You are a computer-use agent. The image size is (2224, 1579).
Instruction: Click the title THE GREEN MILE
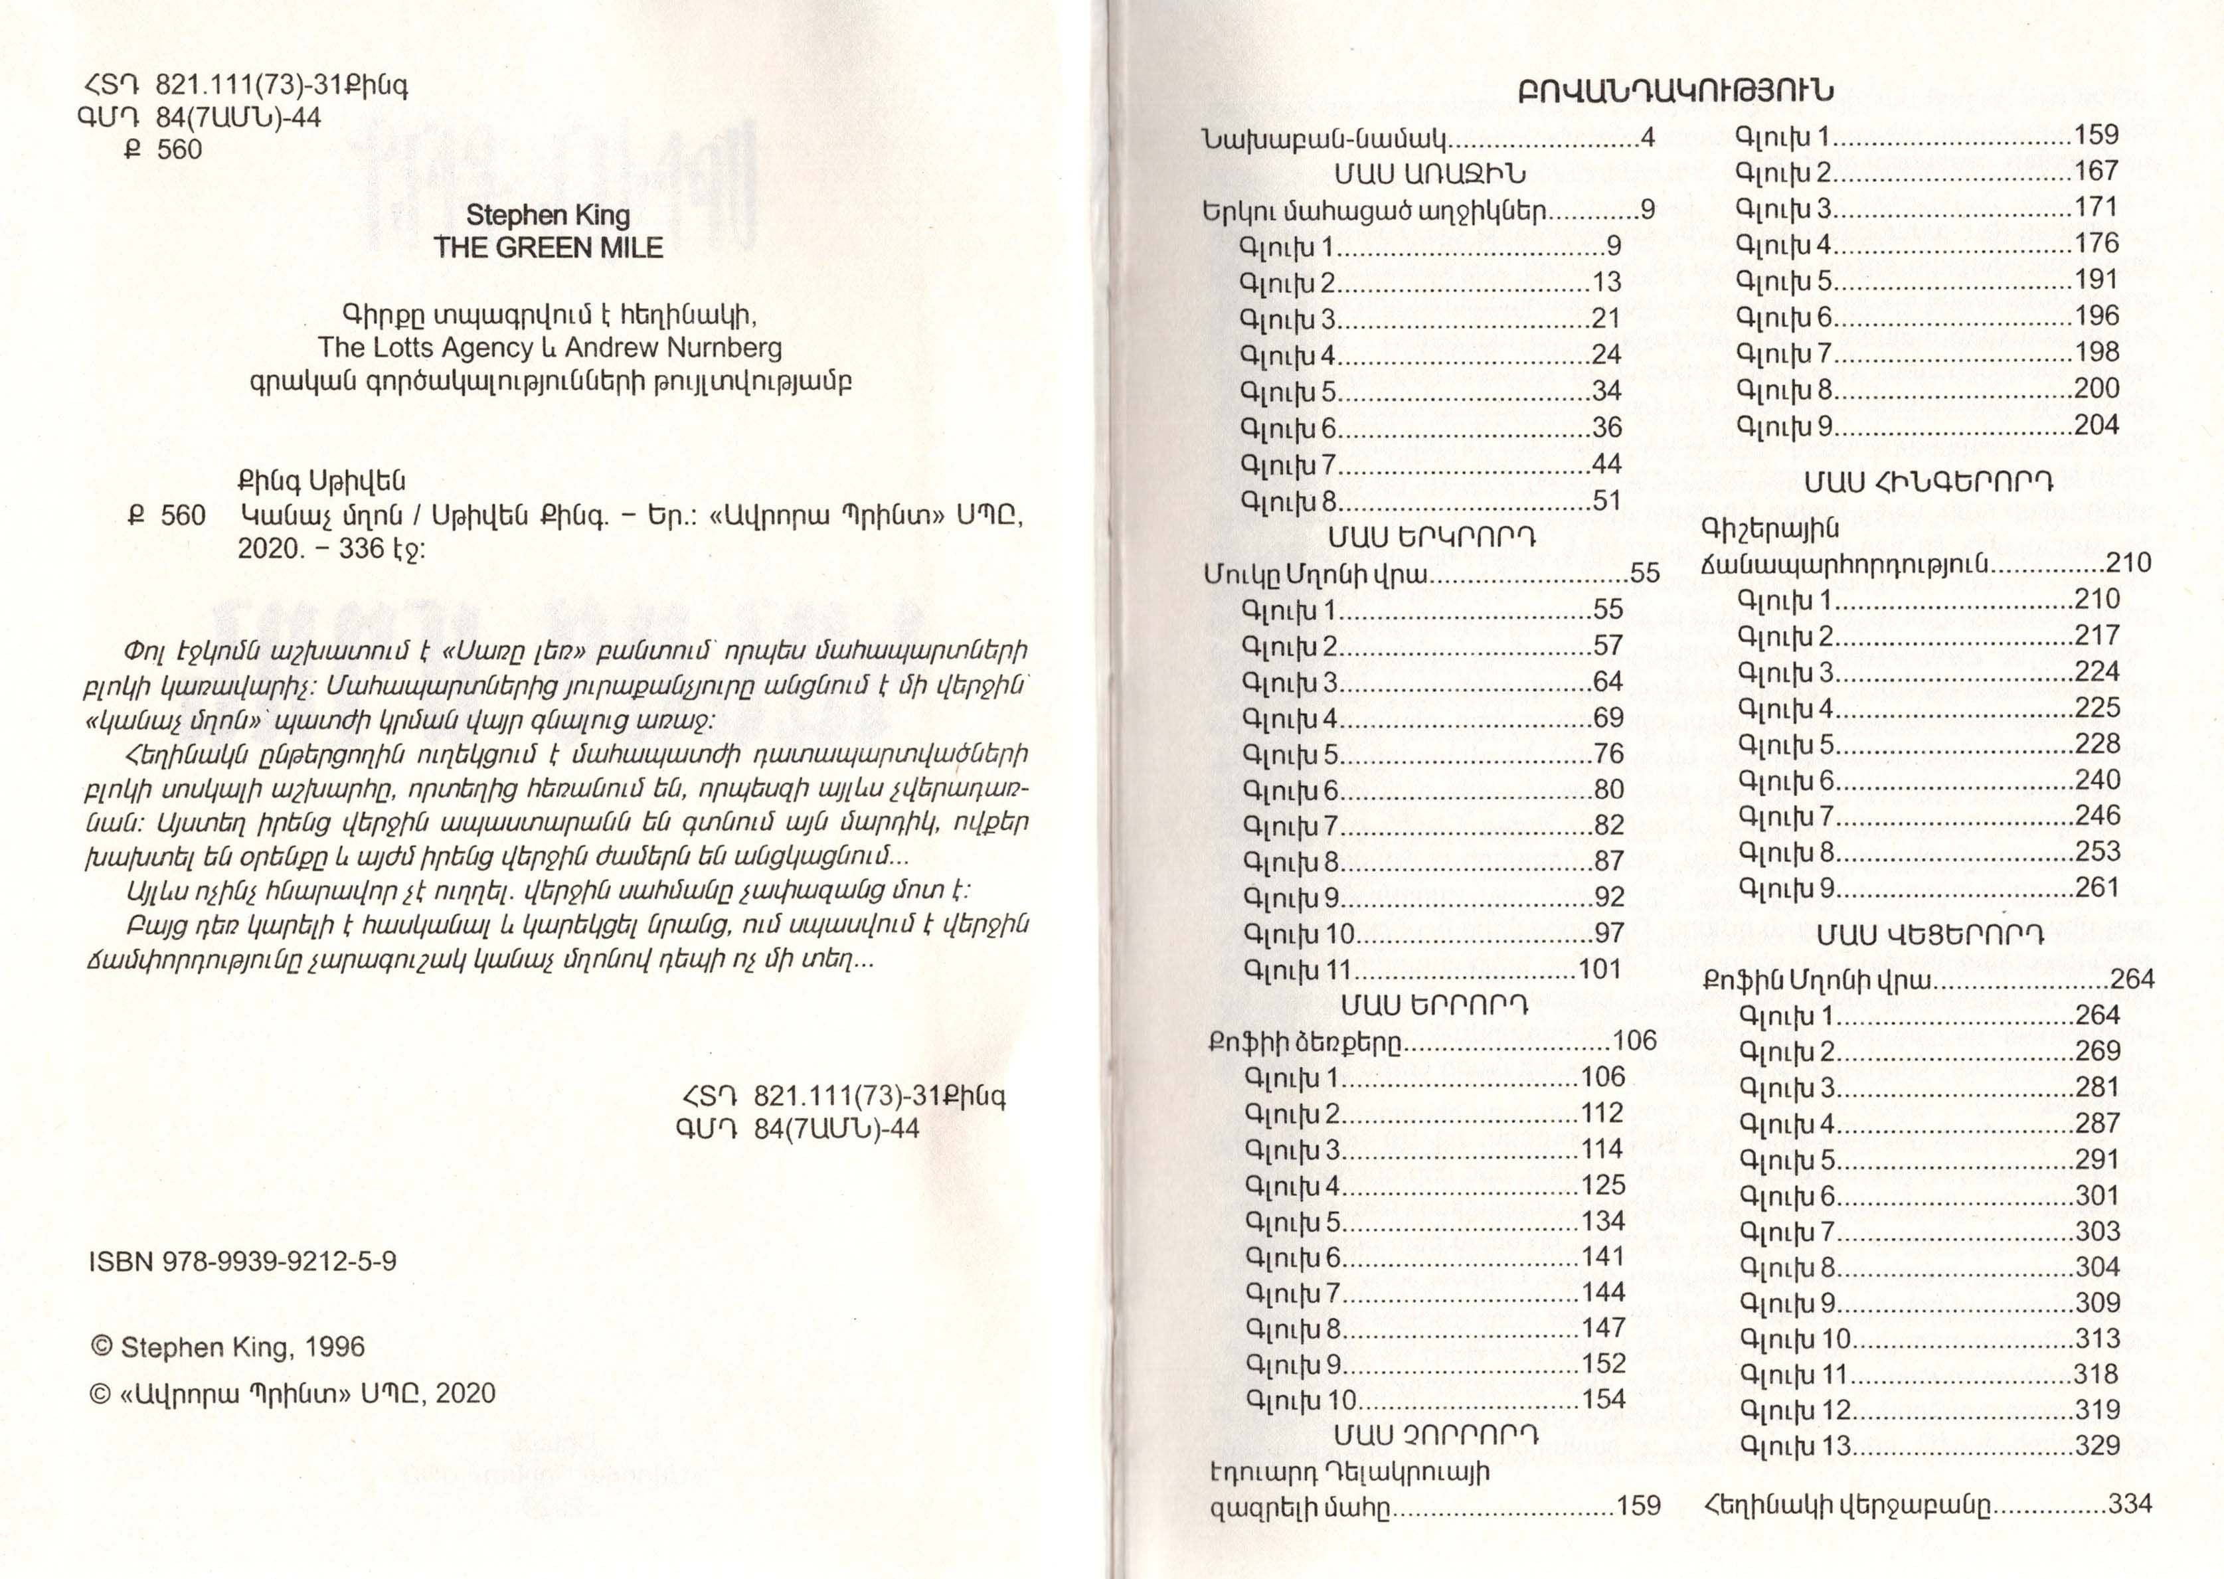click(x=549, y=247)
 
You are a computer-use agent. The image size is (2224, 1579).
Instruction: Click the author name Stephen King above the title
click(x=549, y=215)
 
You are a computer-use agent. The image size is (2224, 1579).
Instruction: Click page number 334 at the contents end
click(x=2130, y=1504)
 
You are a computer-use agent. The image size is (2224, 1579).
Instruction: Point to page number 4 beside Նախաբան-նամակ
click(x=1648, y=138)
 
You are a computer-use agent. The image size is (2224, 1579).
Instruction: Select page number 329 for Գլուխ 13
click(x=2098, y=1445)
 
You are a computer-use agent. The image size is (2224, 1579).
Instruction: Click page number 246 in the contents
click(x=2098, y=816)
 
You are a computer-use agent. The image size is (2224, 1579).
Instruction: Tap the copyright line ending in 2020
click(x=292, y=1393)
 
